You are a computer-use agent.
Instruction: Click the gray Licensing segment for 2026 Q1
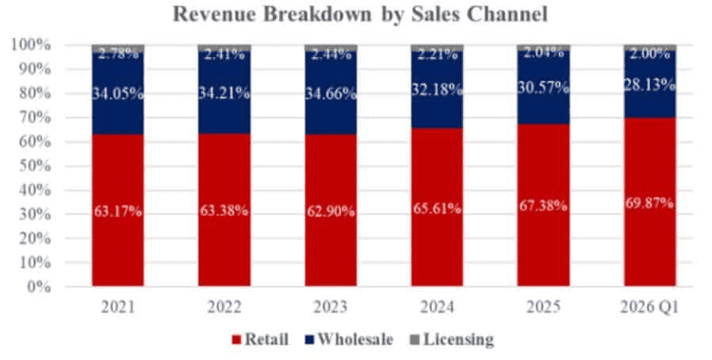[x=649, y=47]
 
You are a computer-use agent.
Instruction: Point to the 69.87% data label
[x=649, y=203]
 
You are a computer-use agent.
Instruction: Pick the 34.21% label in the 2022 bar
[x=224, y=94]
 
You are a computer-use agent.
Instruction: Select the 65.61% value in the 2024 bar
[x=437, y=211]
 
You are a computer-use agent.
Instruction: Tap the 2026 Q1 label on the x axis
[x=649, y=306]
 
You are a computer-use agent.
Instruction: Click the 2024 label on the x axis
[x=437, y=306]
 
